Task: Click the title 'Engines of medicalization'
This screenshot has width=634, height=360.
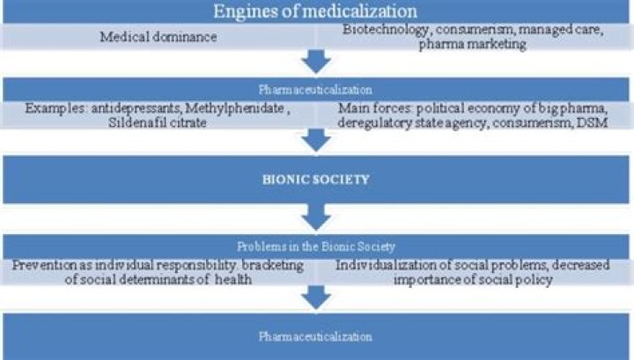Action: (316, 12)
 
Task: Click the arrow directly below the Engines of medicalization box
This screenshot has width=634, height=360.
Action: (316, 62)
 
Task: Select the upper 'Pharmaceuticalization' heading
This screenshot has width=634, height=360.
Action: (316, 90)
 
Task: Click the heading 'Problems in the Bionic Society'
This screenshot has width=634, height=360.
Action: (316, 248)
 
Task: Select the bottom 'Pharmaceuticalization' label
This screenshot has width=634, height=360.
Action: (316, 337)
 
